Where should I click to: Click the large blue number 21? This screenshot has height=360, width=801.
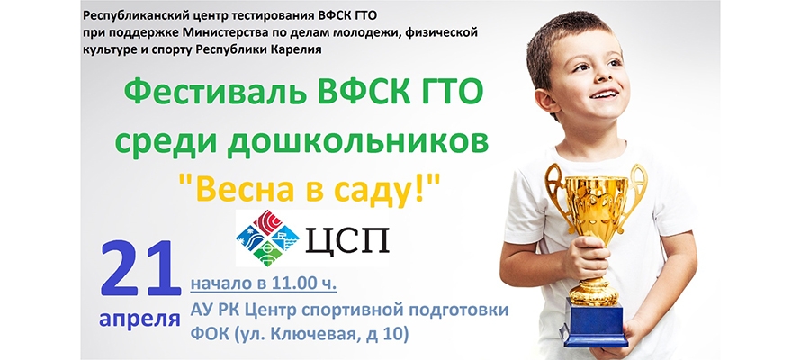tap(141, 269)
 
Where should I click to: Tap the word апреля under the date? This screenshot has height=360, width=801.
tap(139, 319)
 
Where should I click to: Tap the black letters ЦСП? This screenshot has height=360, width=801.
tap(347, 240)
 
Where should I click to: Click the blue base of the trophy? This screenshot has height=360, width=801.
tap(594, 323)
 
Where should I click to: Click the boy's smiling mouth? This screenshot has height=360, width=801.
tap(605, 94)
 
